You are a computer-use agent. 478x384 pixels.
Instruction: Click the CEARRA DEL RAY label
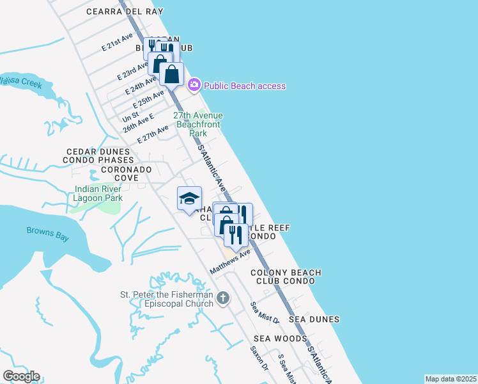[125, 12]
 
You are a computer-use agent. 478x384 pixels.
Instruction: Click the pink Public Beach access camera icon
[194, 85]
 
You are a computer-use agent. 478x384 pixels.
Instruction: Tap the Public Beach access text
[245, 86]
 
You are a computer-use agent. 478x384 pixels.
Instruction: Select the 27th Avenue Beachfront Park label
[198, 124]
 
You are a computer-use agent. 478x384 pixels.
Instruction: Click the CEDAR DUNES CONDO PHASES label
[99, 156]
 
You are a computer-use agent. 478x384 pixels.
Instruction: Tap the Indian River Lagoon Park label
[98, 193]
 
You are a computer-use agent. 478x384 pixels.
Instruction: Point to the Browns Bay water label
[47, 234]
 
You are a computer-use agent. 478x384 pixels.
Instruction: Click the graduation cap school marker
[189, 199]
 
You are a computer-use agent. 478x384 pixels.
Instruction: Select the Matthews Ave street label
[230, 263]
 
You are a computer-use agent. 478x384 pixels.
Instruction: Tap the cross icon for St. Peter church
[222, 298]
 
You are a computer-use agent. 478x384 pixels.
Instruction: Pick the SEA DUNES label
[314, 319]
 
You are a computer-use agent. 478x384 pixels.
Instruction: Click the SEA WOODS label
[280, 339]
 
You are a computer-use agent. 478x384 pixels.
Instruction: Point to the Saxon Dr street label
[259, 360]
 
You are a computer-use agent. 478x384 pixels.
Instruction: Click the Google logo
[21, 376]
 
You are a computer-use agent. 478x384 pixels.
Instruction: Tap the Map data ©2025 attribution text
[451, 379]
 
